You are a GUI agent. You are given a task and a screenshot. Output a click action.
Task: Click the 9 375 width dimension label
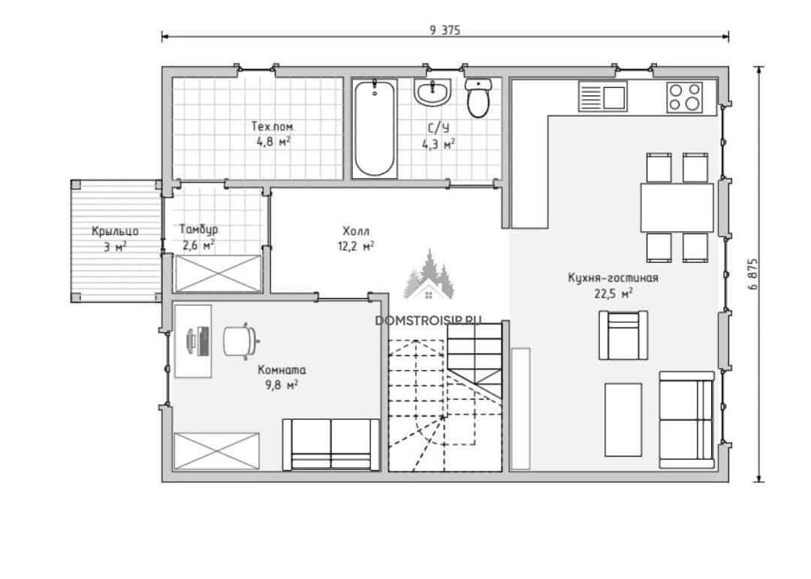point(445,30)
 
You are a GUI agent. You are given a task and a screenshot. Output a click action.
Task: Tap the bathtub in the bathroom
point(375,128)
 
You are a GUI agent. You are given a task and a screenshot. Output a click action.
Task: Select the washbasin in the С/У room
point(433,92)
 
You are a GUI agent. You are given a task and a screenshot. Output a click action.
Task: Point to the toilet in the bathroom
point(477,98)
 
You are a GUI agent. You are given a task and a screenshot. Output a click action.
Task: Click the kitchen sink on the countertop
point(602,95)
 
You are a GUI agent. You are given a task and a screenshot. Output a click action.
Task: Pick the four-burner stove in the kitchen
point(684,97)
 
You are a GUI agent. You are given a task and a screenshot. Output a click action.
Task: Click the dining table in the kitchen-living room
point(677,207)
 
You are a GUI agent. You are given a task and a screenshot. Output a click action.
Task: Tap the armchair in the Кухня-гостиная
point(623,335)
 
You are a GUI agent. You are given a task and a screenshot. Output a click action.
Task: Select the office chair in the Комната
point(241,340)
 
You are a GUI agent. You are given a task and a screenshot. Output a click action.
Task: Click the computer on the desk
point(198,340)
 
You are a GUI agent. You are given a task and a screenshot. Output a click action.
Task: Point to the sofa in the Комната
point(330,445)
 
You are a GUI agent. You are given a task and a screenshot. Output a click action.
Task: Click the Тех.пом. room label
point(273,126)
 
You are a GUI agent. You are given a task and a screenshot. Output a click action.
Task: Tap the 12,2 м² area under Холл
point(356,246)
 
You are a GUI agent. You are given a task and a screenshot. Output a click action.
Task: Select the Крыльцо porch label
point(115,231)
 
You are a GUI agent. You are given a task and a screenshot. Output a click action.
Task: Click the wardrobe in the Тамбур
point(218,273)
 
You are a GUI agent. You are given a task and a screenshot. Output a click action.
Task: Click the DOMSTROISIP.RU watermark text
point(428,320)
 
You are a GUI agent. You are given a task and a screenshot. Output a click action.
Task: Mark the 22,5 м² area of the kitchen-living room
point(614,294)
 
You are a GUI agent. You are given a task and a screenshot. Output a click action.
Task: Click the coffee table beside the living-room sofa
point(623,420)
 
